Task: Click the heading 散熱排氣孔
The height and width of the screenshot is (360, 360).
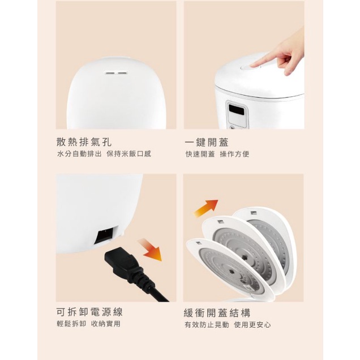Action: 84,142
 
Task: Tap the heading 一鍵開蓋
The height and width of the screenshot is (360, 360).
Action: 207,142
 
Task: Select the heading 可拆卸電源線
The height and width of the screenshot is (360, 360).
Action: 89,312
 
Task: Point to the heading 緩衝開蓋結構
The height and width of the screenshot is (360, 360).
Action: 217,312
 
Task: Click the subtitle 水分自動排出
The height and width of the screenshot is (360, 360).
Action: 79,154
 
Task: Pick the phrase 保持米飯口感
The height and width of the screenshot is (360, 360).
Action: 129,154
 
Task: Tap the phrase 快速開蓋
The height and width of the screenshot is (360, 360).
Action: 200,154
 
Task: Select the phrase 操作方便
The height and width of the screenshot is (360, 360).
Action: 235,154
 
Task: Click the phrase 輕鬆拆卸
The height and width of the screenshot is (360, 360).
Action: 71,324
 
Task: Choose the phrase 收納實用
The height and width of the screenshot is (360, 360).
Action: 106,324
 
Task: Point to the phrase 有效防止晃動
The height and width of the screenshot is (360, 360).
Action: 207,325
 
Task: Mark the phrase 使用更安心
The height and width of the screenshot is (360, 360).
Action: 252,325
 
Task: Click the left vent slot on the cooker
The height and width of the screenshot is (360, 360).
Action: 109,73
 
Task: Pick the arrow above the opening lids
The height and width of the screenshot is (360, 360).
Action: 205,208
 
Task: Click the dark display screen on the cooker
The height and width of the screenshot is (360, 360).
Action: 236,110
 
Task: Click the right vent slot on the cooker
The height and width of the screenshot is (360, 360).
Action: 122,73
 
